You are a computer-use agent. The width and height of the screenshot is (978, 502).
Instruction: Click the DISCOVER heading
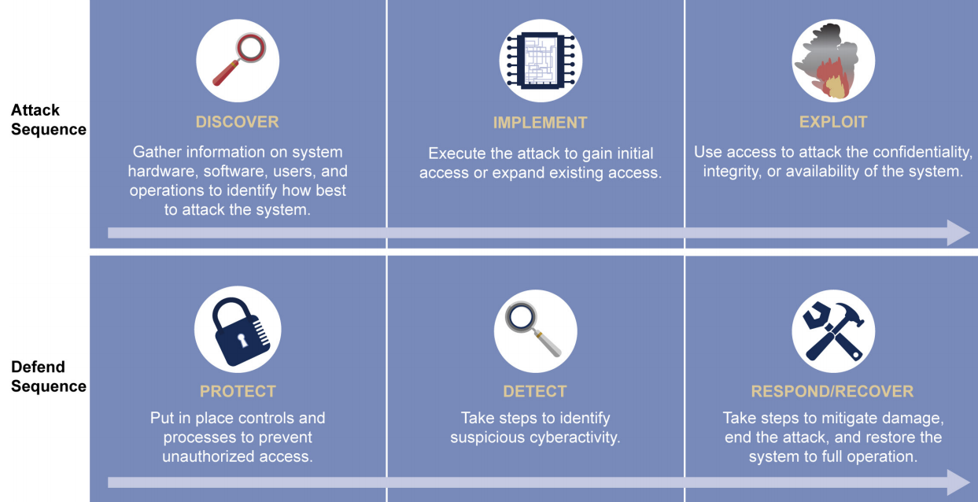pyautogui.click(x=237, y=122)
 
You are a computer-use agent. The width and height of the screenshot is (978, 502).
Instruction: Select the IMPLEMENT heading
pyautogui.click(x=540, y=123)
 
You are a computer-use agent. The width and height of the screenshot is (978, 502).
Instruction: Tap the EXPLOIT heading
pyautogui.click(x=832, y=122)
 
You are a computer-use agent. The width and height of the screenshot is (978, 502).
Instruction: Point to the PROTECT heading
pyautogui.click(x=238, y=391)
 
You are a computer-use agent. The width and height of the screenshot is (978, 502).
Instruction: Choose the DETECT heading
pyautogui.click(x=535, y=391)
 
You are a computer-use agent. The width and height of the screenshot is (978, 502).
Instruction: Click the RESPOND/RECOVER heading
pyautogui.click(x=832, y=391)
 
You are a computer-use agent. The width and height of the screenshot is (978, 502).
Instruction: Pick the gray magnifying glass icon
pyautogui.click(x=534, y=329)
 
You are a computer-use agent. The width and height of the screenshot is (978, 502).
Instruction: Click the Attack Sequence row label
pyautogui.click(x=48, y=120)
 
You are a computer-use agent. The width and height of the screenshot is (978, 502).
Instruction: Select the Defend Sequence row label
pyautogui.click(x=48, y=377)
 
